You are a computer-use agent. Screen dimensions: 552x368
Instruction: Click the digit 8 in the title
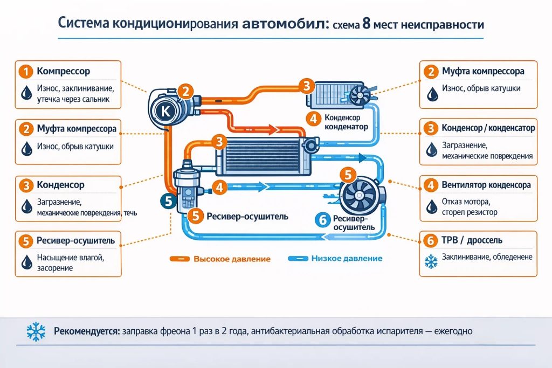click(x=367, y=24)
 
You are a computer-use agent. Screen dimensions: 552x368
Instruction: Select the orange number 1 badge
click(x=26, y=72)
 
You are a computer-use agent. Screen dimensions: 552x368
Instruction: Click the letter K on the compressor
click(x=166, y=112)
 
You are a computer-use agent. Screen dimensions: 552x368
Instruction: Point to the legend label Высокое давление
click(x=232, y=259)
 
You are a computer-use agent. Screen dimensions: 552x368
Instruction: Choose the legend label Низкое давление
click(x=347, y=259)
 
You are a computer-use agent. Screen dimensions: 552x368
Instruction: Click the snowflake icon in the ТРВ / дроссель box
click(x=431, y=262)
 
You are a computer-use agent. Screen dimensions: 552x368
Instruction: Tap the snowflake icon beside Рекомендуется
click(x=36, y=331)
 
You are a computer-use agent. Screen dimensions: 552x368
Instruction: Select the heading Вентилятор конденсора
click(x=486, y=185)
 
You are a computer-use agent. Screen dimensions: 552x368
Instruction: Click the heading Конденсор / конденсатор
click(x=488, y=128)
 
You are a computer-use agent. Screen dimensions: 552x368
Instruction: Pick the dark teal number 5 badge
click(x=168, y=201)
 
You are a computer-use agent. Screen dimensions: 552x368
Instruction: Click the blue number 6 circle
click(x=323, y=220)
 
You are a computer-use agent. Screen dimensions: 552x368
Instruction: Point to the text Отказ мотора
click(x=466, y=202)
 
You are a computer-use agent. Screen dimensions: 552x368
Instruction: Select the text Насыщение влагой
click(x=71, y=258)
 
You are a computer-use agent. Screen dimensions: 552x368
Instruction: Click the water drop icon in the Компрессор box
click(x=26, y=93)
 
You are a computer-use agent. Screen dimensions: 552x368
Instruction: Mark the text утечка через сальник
click(x=73, y=99)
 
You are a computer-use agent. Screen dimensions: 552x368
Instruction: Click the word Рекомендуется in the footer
click(x=87, y=331)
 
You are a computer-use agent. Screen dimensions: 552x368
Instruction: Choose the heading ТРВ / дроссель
click(x=472, y=240)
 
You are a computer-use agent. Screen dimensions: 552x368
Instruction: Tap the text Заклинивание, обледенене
click(x=487, y=257)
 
